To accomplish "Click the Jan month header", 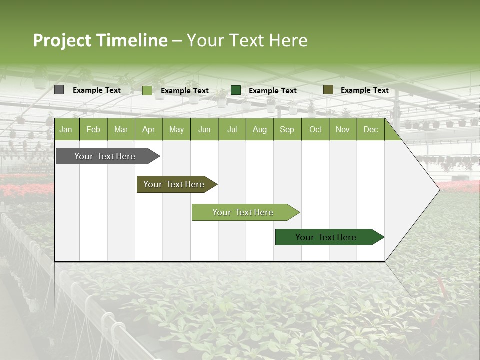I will pos(66,130).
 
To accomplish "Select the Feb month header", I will pos(93,130).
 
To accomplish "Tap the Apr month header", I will pos(148,130).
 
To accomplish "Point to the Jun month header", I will pos(204,130).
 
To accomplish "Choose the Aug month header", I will pos(259,130).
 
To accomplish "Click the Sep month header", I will pos(287,130).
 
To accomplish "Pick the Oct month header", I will pos(315,130).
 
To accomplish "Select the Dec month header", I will pos(370,130).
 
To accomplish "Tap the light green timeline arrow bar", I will pos(243,212).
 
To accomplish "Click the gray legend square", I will pos(59,90).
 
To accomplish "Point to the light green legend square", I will pos(147,90).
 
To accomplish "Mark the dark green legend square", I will pos(236,90).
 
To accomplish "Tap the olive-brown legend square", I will pos(328,90).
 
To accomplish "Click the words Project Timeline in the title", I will pos(100,40).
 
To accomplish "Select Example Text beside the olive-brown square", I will pos(364,90).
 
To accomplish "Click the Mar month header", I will pos(121,130).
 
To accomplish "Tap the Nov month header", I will pos(342,130).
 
